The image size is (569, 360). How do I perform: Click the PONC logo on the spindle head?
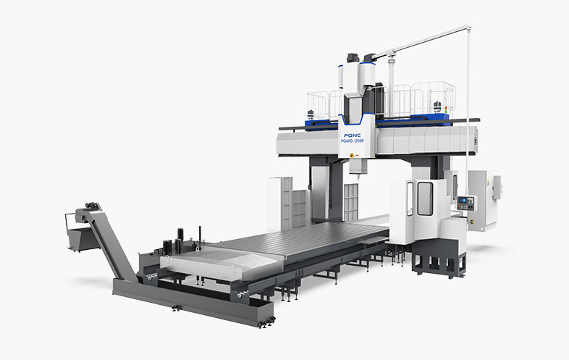pos(353,135)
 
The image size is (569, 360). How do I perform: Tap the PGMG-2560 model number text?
pos(353,141)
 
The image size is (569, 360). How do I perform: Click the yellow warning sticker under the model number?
pos(352,156)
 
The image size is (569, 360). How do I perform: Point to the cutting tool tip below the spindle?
pos(358,177)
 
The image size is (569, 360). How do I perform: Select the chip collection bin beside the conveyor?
pos(79,239)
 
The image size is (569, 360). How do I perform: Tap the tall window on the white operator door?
pos(425,198)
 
